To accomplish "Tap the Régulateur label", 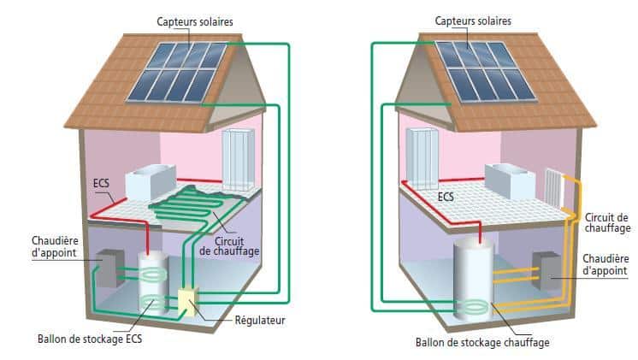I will click(259, 322).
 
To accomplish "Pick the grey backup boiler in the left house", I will click(109, 270).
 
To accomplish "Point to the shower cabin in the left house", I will click(239, 162).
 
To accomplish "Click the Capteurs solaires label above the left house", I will click(196, 20).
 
